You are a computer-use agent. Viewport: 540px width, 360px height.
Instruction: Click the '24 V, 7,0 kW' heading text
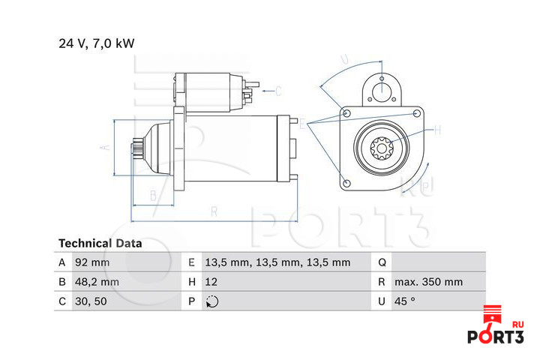tap(97, 43)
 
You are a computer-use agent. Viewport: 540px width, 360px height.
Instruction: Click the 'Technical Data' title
tap(100, 244)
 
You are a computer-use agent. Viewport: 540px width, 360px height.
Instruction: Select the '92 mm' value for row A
tap(92, 262)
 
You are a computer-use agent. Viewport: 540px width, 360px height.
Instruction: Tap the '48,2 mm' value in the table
tap(97, 282)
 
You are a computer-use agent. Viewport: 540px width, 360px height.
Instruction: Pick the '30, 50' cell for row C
tap(91, 301)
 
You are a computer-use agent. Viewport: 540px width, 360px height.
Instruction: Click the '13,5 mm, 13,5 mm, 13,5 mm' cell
tap(277, 262)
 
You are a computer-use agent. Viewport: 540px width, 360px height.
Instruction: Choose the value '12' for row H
tap(211, 282)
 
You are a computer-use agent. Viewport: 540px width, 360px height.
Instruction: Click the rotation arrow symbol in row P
tap(212, 301)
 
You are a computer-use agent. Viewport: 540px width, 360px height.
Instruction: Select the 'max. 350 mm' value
tap(429, 282)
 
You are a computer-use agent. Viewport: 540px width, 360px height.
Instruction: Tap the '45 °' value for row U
tap(405, 301)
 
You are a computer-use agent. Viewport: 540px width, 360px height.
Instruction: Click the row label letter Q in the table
tap(382, 262)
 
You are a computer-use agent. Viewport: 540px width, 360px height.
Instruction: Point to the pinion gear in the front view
tap(382, 148)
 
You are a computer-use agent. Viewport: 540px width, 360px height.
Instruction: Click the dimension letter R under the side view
tap(214, 211)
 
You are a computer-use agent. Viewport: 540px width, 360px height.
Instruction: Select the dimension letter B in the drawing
tap(153, 196)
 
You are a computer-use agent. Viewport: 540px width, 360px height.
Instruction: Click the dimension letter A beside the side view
tap(106, 147)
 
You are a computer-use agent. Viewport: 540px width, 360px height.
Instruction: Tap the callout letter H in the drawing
tap(437, 130)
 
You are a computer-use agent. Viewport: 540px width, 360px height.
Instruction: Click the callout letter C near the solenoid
tap(278, 91)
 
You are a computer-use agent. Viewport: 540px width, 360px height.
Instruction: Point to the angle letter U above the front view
tap(344, 59)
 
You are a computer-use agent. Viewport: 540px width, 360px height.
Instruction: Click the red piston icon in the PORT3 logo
tap(493, 314)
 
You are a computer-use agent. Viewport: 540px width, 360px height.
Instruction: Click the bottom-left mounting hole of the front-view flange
tap(347, 183)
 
